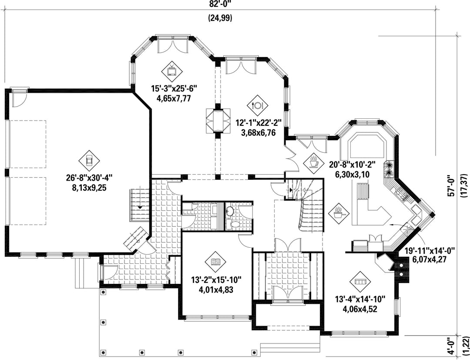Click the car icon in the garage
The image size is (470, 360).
pyautogui.click(x=89, y=161)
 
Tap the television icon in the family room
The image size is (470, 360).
pyautogui.click(x=172, y=71)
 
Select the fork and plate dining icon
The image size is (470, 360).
pyautogui.click(x=258, y=105)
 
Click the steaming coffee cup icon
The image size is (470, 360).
pyautogui.click(x=313, y=163)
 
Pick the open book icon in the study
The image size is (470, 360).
pyautogui.click(x=215, y=262)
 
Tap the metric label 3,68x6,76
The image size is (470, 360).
pyautogui.click(x=258, y=132)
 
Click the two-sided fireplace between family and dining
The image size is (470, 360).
pyautogui.click(x=218, y=121)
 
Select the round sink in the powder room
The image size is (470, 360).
pyautogui.click(x=229, y=211)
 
